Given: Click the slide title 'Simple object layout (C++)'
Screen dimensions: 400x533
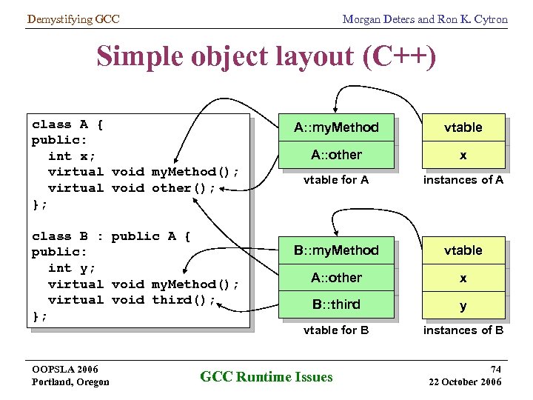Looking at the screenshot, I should [x=266, y=56].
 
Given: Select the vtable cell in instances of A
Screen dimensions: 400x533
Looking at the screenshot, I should [x=463, y=127].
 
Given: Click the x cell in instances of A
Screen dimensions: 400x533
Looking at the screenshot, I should [x=463, y=155].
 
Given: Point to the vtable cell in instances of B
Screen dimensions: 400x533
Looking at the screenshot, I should [x=463, y=250].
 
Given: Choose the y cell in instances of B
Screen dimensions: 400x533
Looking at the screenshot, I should [x=463, y=305].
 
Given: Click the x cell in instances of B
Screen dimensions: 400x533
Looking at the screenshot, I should [x=463, y=278].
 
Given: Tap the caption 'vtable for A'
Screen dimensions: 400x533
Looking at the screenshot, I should [x=335, y=180].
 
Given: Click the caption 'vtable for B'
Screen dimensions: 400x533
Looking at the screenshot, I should [x=335, y=330].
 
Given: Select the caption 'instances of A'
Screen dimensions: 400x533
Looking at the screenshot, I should [x=463, y=180].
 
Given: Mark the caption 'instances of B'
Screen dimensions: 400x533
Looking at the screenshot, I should [x=463, y=330].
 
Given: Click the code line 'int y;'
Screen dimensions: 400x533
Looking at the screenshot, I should [x=72, y=268].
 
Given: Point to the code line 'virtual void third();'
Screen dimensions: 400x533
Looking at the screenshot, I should [x=131, y=300].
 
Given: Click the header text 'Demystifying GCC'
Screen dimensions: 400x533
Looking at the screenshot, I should [x=73, y=19].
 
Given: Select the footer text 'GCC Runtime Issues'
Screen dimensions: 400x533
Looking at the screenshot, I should [x=266, y=377].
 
